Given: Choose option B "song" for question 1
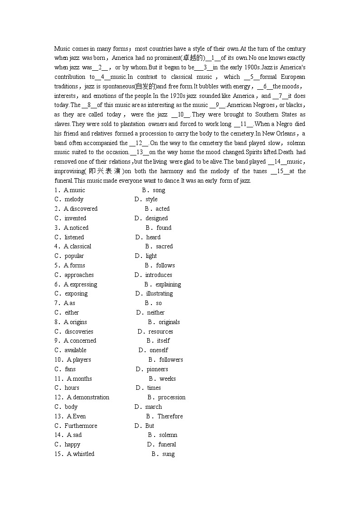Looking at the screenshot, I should click(x=159, y=190).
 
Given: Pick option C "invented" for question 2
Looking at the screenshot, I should click(x=75, y=218).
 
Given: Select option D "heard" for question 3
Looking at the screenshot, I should click(x=153, y=237).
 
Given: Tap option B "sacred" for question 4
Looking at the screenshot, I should click(x=164, y=247).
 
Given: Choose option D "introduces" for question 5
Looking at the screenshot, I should click(x=159, y=275).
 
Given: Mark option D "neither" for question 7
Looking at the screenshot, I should click(x=156, y=312).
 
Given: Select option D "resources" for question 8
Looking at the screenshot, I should click(x=161, y=331).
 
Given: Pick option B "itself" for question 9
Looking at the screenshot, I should click(x=163, y=341).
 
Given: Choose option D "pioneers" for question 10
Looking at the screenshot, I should click(x=157, y=369).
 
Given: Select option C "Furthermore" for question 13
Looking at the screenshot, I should click(x=81, y=426).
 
